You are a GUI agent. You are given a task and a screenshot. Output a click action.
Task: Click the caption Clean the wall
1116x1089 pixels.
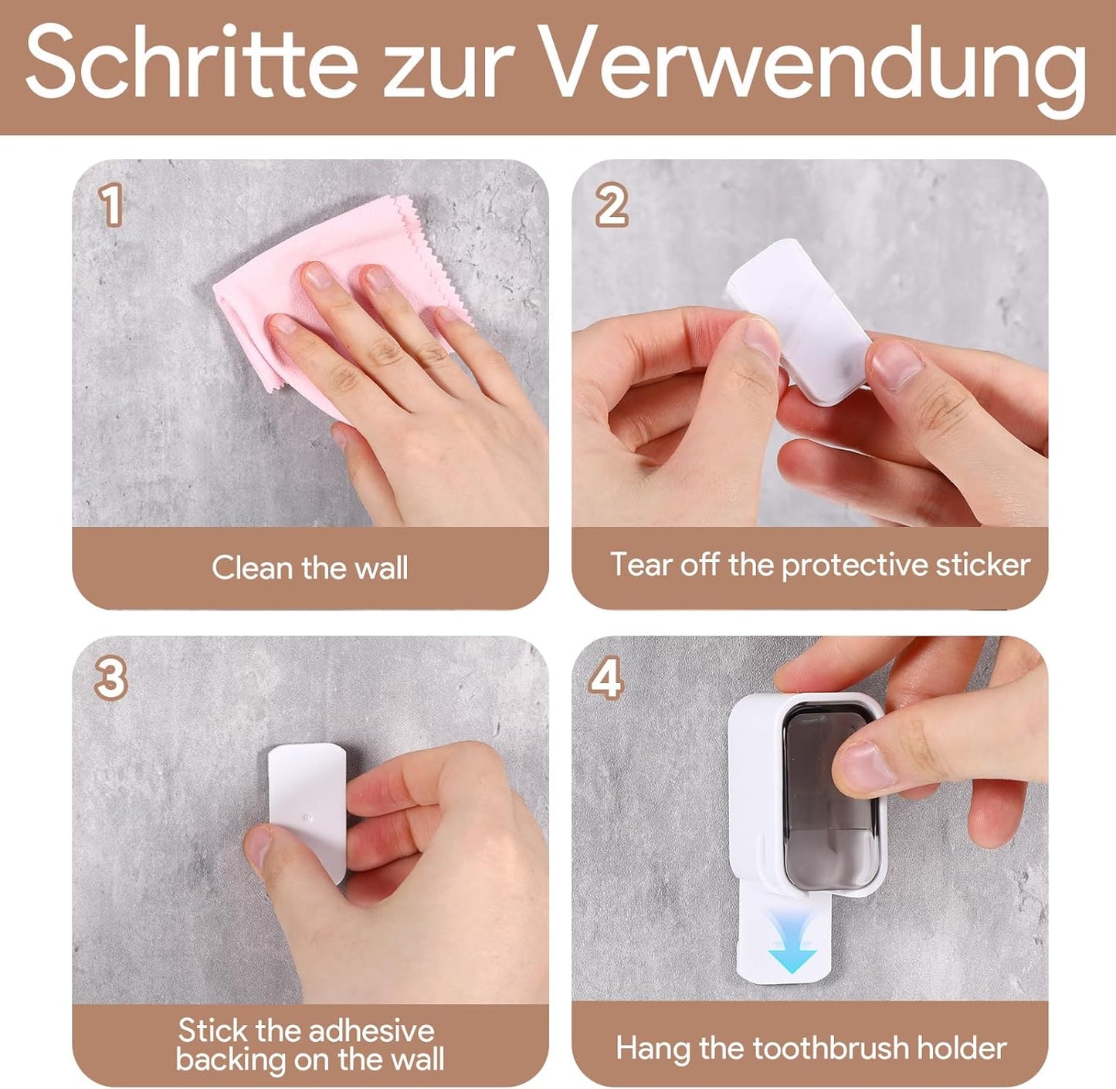point(310,568)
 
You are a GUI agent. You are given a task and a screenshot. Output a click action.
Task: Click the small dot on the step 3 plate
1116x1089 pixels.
point(308,816)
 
